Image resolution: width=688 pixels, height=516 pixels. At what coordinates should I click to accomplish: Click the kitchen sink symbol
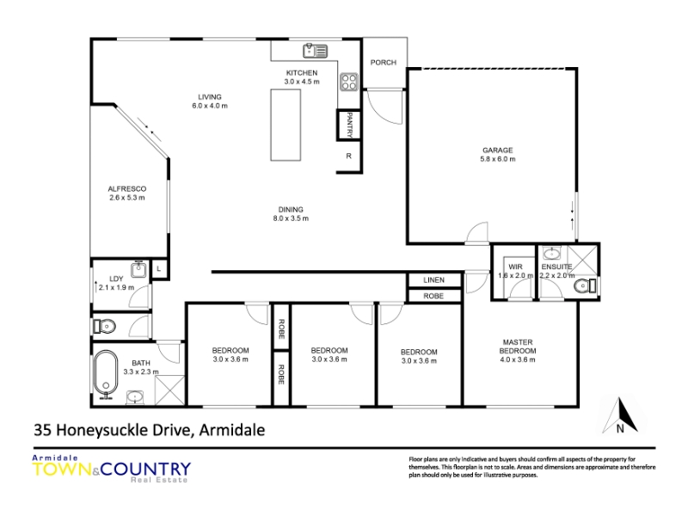coord(315,51)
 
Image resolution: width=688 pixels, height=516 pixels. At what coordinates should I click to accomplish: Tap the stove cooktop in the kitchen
coord(349,82)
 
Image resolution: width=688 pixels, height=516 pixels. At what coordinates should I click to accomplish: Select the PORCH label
coord(383,62)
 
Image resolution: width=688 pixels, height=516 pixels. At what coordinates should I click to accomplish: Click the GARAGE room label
coord(498,150)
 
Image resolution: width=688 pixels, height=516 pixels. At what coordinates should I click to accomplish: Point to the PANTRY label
coord(350,125)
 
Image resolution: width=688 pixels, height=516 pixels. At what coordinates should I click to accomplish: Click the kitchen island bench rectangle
coord(286,125)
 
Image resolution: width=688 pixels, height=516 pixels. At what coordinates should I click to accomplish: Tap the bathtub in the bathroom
coord(106,373)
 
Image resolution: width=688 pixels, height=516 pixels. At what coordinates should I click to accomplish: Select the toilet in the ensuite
coord(585,286)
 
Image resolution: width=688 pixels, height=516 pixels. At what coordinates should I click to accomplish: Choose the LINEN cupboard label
coord(434,280)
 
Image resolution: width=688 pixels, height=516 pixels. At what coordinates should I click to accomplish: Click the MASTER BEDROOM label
coord(518,347)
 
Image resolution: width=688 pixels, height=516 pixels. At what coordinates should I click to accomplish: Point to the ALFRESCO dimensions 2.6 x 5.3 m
coord(127,198)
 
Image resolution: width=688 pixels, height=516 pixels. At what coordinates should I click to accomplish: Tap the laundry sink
coord(139,269)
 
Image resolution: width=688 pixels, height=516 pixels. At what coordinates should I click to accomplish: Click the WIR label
coord(515,267)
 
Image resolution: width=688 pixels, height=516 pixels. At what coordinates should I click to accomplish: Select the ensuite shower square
coord(583,261)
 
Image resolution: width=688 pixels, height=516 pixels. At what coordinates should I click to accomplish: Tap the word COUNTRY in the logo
coord(145,469)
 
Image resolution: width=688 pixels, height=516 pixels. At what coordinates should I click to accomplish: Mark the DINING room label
coord(291,210)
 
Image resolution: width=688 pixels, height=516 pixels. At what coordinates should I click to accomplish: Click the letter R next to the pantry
coord(349,156)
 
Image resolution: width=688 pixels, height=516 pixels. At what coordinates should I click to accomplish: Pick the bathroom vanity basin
coord(135,397)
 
